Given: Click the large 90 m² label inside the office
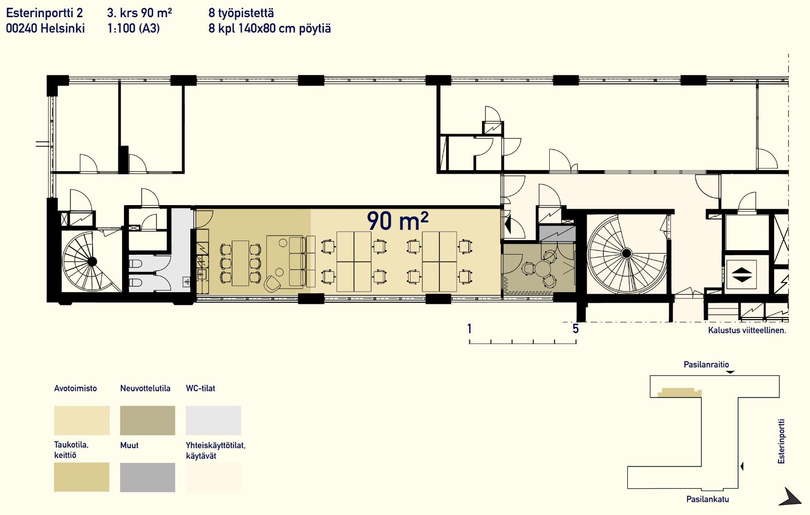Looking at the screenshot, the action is coord(398,220).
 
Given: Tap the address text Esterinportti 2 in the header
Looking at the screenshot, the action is coord(45,13).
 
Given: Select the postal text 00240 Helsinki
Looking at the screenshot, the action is coord(45,28).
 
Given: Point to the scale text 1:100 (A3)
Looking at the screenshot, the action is coord(134,28).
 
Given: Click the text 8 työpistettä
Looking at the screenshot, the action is coord(241,13).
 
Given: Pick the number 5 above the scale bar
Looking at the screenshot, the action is coord(576,329).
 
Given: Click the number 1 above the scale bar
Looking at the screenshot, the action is coord(469,329).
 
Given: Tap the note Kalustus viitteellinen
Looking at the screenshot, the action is coord(747,330).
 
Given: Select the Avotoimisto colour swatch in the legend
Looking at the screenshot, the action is coord(82,420).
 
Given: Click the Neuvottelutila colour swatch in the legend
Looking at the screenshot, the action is coord(147,420).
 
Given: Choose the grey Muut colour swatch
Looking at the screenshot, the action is coord(147,478).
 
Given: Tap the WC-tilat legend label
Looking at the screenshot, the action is coord(200,388).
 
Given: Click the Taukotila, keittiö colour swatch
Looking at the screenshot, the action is coord(82,478).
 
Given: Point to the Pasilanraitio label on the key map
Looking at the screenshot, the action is coord(706,365).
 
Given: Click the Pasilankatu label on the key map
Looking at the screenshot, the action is coord(708,499).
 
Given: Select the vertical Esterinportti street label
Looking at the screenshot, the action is coord(782,441).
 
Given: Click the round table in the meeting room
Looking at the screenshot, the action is coord(542,269).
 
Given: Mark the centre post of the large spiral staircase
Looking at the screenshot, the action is coord(627,253).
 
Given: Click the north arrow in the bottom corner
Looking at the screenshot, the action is coord(791,498).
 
